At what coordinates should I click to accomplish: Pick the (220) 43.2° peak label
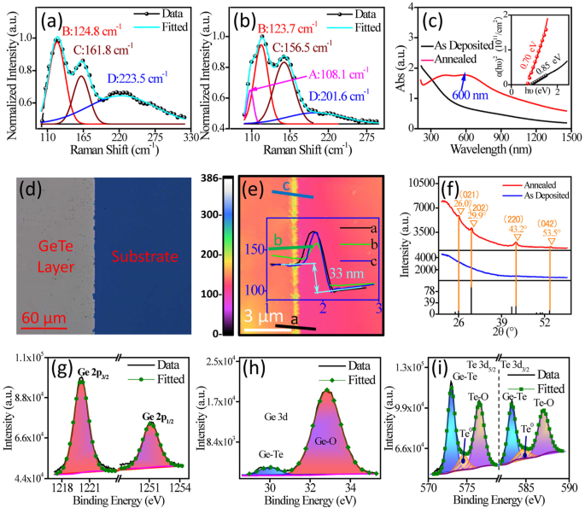click(x=515, y=225)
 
